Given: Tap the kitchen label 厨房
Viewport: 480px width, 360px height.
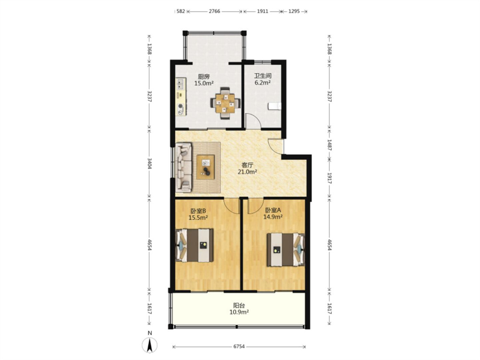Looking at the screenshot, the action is click(x=204, y=76).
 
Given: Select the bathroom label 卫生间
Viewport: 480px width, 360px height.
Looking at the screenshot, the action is click(x=263, y=76).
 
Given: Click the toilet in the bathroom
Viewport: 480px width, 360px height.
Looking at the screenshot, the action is click(x=275, y=106).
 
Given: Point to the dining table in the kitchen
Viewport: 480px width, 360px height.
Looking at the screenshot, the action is click(x=225, y=103).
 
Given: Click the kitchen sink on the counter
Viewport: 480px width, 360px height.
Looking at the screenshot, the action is click(x=180, y=84).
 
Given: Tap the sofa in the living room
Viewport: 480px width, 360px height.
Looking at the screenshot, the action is click(x=184, y=167).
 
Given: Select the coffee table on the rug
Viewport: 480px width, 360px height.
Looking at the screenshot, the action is click(x=205, y=167).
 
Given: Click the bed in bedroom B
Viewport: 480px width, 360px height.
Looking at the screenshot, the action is click(x=194, y=245).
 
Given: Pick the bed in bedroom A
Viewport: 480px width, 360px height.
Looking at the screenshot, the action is click(x=286, y=250).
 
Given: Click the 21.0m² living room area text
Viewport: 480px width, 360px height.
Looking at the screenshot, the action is click(x=247, y=172).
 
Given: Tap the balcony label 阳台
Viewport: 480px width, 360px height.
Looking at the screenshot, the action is click(x=239, y=305).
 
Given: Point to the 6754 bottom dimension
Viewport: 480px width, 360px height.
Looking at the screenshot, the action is click(x=239, y=347).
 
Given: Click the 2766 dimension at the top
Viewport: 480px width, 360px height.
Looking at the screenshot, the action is click(x=214, y=12).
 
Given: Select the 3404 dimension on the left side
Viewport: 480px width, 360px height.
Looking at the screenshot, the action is click(x=149, y=163).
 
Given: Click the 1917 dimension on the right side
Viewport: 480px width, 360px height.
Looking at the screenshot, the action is click(x=329, y=178).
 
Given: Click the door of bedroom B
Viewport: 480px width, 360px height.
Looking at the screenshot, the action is click(x=231, y=206).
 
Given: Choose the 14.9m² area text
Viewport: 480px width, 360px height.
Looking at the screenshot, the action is click(x=273, y=217).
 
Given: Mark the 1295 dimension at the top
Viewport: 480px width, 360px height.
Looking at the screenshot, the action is click(x=294, y=12).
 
